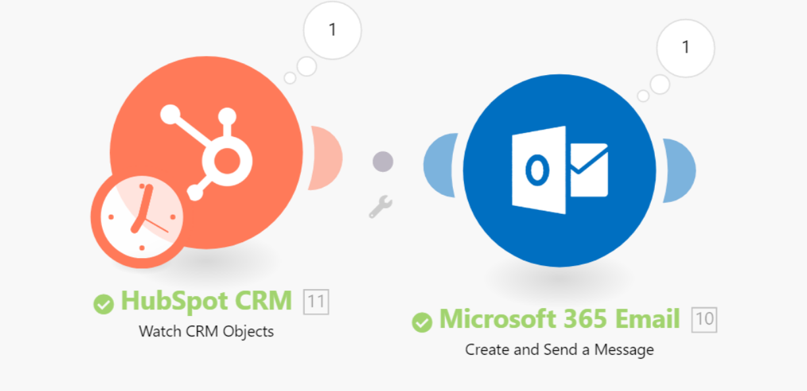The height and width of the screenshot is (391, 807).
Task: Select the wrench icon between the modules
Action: (x=380, y=207)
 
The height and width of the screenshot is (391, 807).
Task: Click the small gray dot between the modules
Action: (x=382, y=161)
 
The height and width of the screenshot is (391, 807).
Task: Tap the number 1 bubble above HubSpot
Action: (x=332, y=30)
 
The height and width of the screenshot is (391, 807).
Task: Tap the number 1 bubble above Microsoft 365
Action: (x=686, y=47)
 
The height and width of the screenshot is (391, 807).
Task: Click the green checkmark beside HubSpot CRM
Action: (x=103, y=304)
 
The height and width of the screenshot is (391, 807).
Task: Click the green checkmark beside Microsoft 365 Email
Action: (x=422, y=322)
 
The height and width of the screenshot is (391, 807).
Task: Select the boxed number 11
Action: (x=316, y=302)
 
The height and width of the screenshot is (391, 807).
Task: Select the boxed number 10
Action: (x=704, y=320)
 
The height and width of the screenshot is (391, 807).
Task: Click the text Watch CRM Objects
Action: (x=206, y=331)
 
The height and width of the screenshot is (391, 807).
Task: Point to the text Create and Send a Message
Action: (x=560, y=350)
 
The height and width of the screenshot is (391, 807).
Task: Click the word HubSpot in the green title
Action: (x=169, y=301)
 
